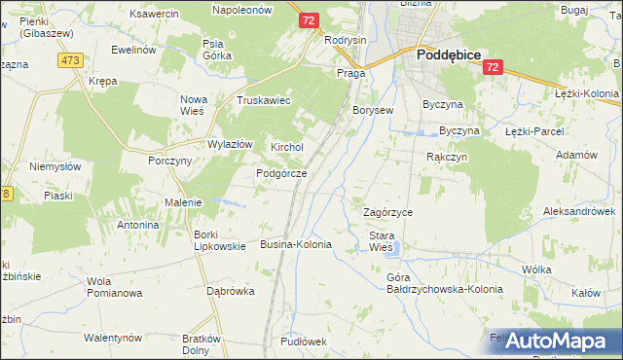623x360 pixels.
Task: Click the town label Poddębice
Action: click(x=449, y=55)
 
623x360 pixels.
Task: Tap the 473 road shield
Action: click(x=69, y=60)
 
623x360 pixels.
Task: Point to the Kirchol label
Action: click(x=287, y=147)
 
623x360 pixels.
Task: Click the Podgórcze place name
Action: click(x=281, y=173)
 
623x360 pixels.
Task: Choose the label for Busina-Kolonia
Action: click(x=296, y=244)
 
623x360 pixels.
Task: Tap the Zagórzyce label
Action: click(x=387, y=212)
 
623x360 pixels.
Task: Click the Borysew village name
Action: click(x=373, y=111)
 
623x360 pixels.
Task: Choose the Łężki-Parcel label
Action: click(x=535, y=130)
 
